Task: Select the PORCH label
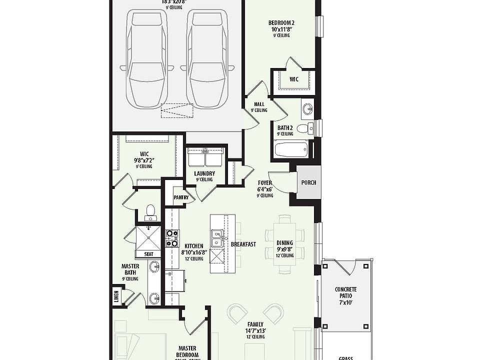[x=308, y=182]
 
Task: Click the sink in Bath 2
[x=307, y=108]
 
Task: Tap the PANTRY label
[x=180, y=197]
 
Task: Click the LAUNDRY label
[x=204, y=174]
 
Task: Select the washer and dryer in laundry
[x=205, y=157]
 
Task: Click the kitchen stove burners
[x=172, y=238]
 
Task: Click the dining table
[x=284, y=243]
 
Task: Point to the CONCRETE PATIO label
[x=345, y=292]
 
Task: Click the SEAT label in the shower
[x=149, y=254]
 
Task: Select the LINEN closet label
[x=116, y=297]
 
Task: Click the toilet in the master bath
[x=149, y=211]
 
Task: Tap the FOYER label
[x=265, y=183]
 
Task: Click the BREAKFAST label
[x=243, y=244]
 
